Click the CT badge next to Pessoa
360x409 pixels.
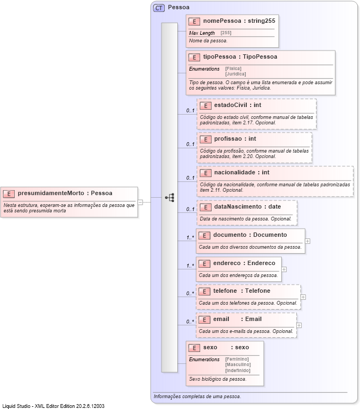pyautogui.click(x=159, y=8)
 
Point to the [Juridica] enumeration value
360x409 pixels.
pyautogui.click(x=235, y=74)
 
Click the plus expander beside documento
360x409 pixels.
pyautogui.click(x=308, y=241)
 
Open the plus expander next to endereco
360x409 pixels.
pyautogui.click(x=284, y=269)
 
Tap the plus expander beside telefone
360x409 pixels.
pyautogui.click(x=303, y=297)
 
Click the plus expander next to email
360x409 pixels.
pyautogui.click(x=299, y=325)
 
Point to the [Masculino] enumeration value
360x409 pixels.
pyautogui.click(x=237, y=364)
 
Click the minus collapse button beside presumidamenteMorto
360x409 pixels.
pyautogui.click(x=140, y=202)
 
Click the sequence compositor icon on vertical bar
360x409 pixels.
pyautogui.click(x=170, y=198)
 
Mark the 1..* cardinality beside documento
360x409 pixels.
pyautogui.click(x=190, y=237)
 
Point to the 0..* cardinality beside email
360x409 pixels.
pyautogui.click(x=190, y=321)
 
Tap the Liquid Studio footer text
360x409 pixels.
pyautogui.click(x=53, y=406)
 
